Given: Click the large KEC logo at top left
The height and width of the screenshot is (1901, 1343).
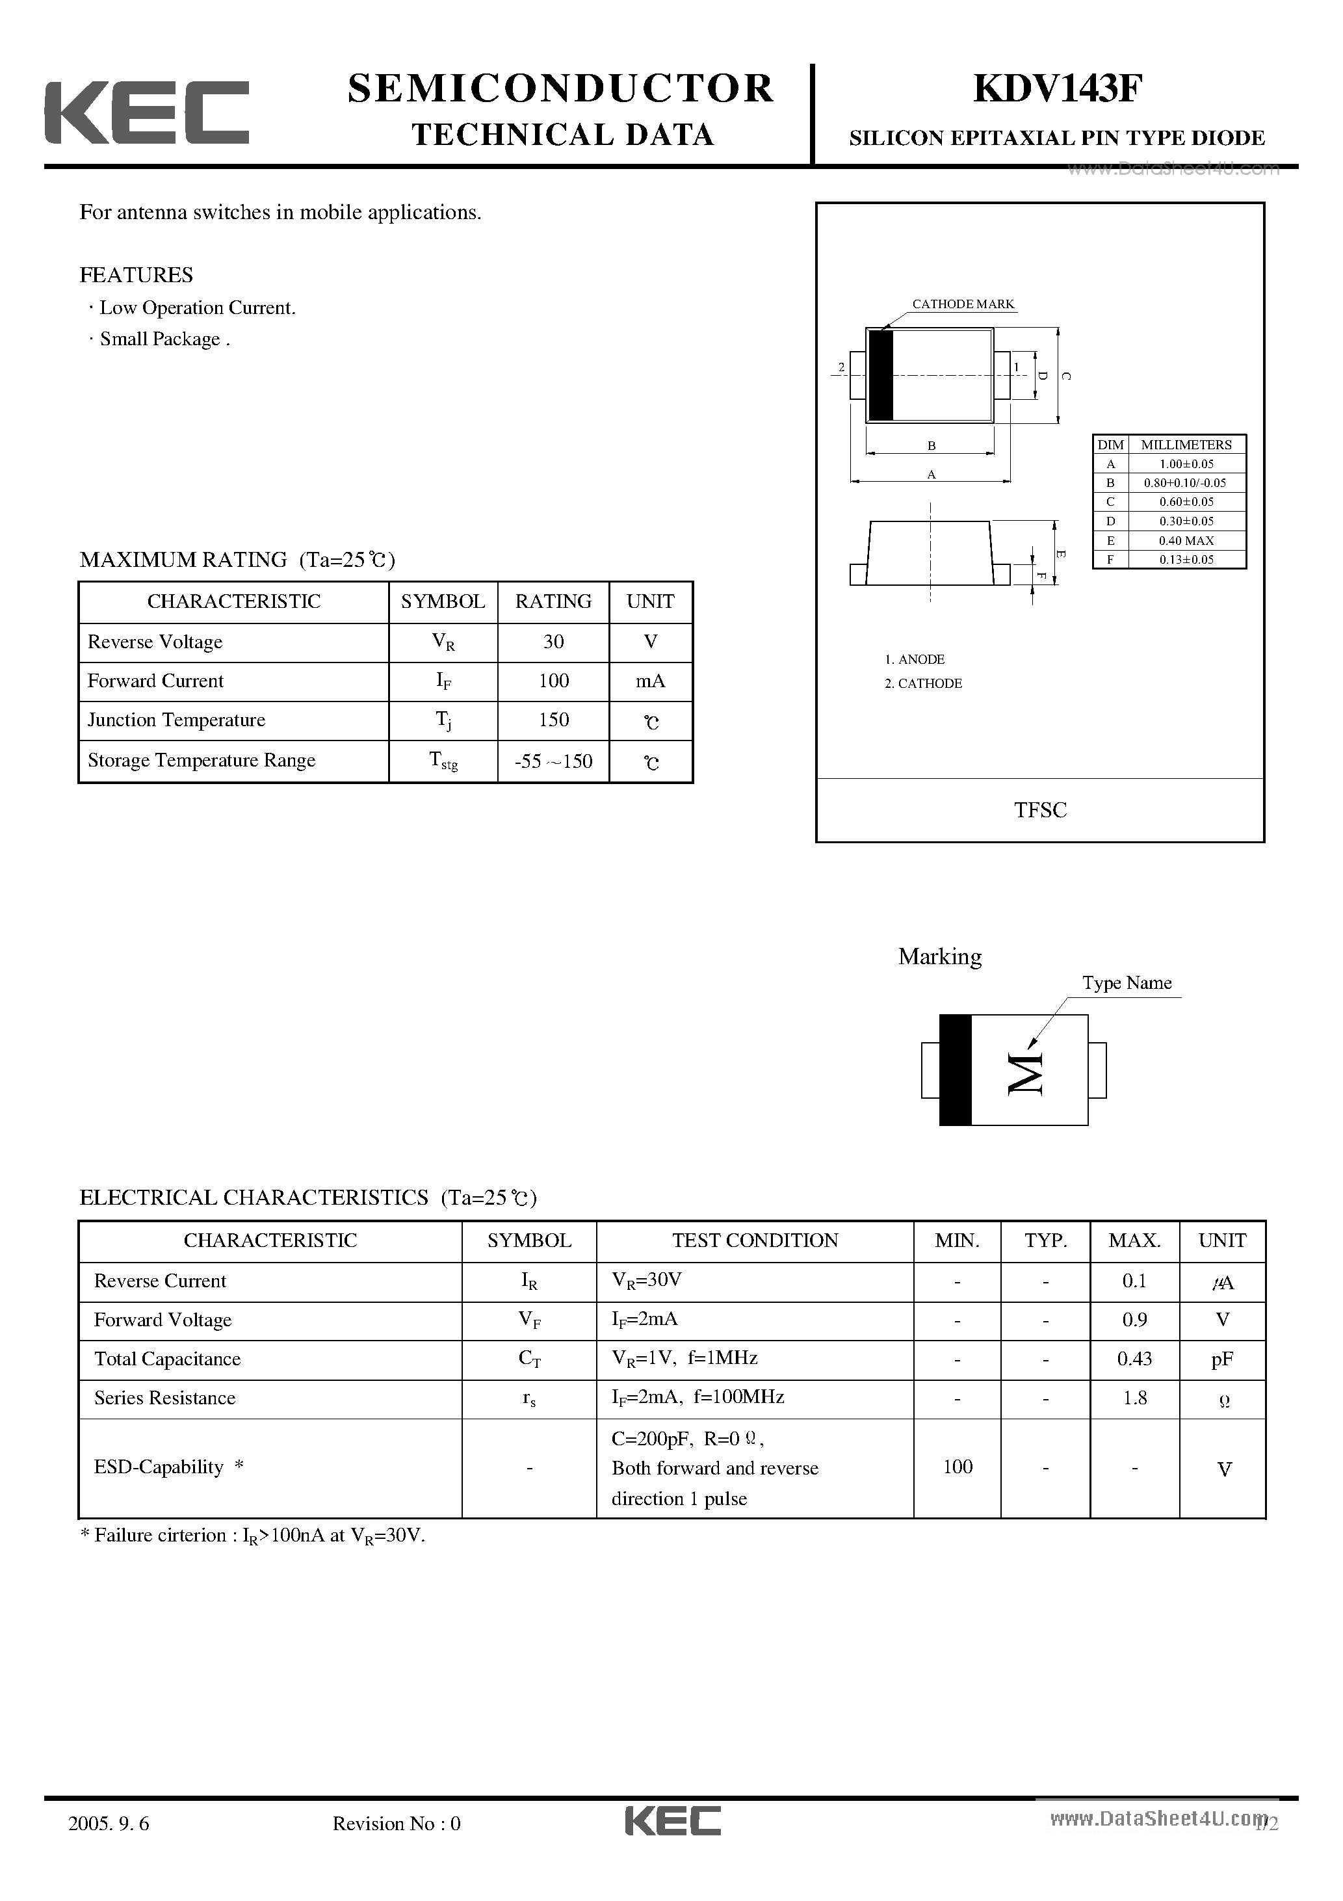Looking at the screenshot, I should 146,112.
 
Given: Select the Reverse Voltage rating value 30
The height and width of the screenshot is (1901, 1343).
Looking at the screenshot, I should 553,642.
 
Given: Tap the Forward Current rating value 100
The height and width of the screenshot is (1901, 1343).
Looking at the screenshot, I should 553,681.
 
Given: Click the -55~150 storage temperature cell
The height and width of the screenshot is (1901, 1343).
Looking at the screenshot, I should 553,761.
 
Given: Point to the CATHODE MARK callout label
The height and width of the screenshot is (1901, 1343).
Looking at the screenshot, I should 963,304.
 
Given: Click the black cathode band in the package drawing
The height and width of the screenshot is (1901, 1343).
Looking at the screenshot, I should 881,375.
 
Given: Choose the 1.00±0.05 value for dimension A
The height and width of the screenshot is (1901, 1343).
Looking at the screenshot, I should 1186,464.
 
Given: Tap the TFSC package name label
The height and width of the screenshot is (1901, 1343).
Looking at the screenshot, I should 1040,810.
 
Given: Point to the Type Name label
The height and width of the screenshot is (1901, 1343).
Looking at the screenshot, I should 1127,983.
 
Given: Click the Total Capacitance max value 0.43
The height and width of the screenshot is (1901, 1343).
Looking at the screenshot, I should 1134,1359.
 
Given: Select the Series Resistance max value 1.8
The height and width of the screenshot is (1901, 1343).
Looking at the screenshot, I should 1134,1398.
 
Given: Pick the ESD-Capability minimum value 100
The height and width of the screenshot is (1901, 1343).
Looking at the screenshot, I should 957,1466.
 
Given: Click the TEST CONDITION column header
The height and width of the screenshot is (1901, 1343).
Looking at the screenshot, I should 755,1240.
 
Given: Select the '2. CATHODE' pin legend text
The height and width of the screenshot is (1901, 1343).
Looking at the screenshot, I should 923,683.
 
